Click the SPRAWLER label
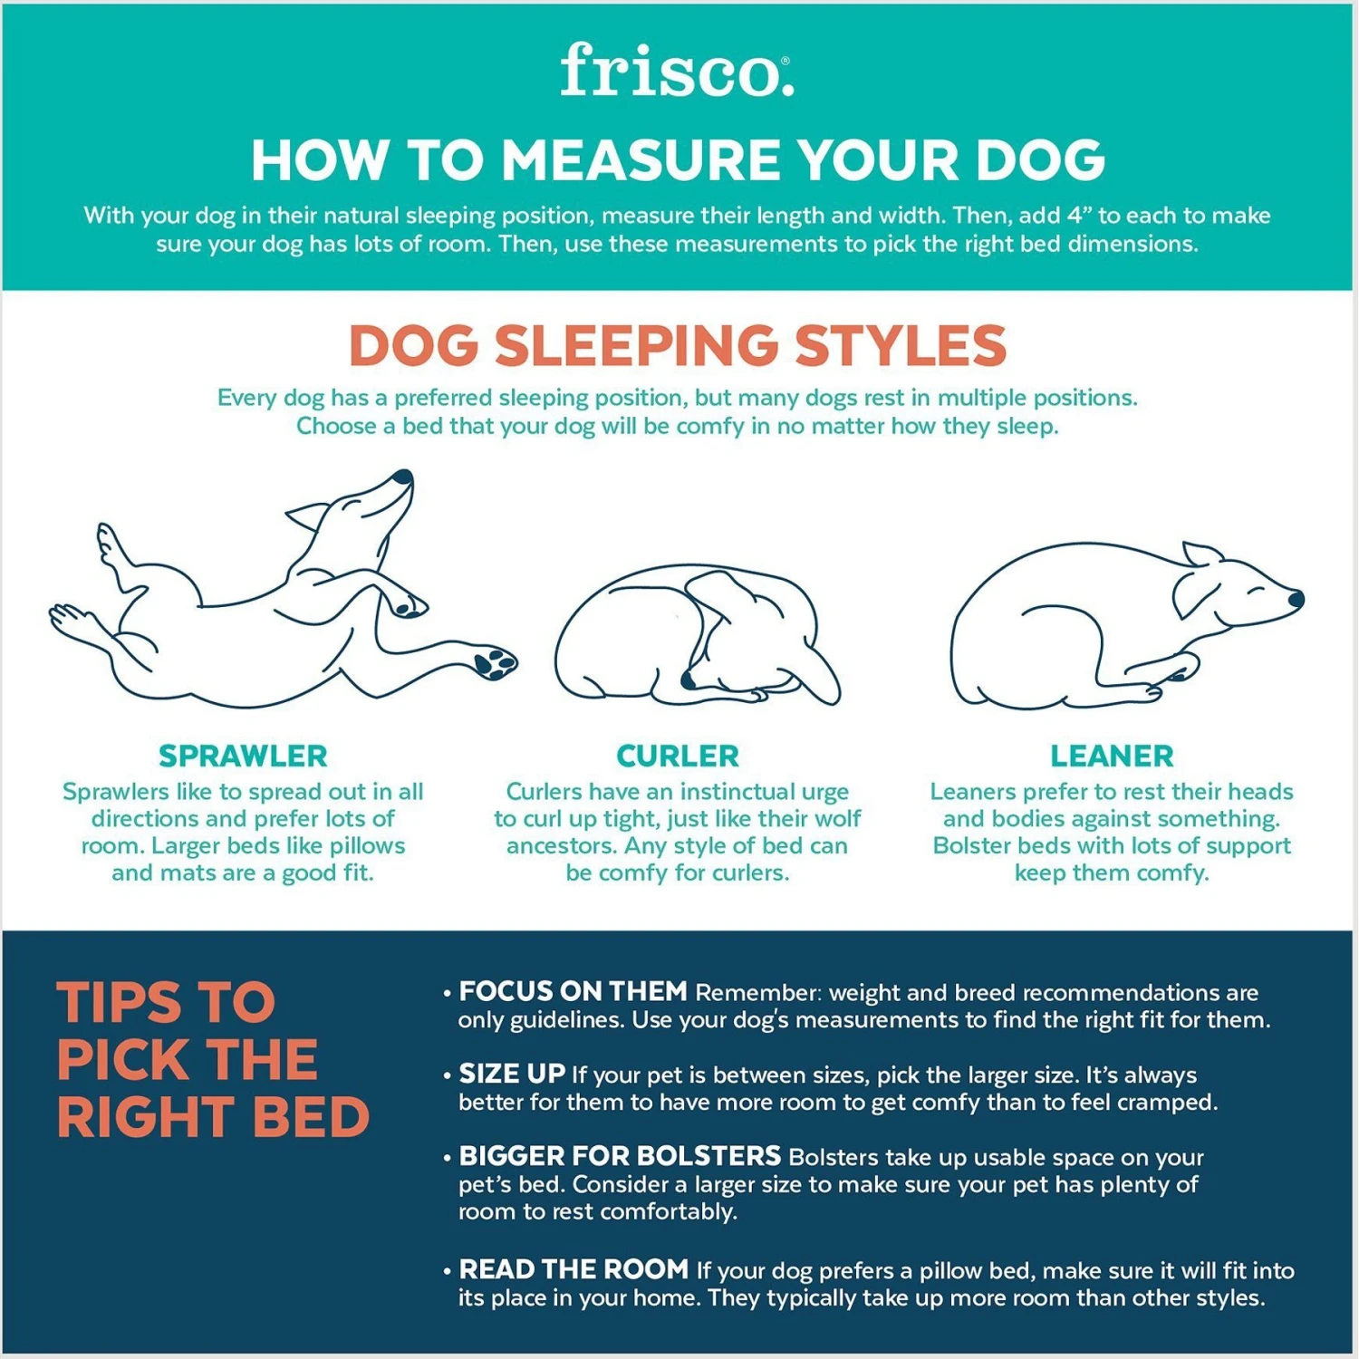[243, 756]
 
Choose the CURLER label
[678, 756]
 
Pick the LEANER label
[1112, 756]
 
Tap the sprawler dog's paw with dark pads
[494, 662]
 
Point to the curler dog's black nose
[689, 679]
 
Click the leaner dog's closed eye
[1258, 591]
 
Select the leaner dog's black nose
[1296, 598]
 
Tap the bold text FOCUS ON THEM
[573, 991]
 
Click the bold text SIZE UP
[512, 1074]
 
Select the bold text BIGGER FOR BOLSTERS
[620, 1156]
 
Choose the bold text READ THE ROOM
[573, 1269]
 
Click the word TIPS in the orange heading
[117, 1002]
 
